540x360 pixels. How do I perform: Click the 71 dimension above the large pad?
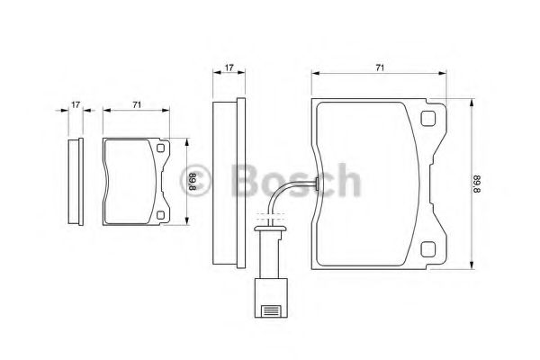pos(380,67)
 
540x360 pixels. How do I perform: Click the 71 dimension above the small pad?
pos(137,104)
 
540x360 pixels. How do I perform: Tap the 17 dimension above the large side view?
pos(229,67)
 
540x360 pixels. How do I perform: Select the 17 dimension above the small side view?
pos(76,104)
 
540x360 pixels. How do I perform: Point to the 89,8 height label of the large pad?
pos(480,184)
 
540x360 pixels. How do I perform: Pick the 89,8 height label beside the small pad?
pos(193,182)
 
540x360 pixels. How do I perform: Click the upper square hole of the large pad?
pos(428,118)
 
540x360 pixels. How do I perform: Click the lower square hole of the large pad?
pos(428,249)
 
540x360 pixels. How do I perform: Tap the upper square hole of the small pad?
pos(160,148)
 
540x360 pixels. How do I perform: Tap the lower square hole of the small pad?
pos(160,215)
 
